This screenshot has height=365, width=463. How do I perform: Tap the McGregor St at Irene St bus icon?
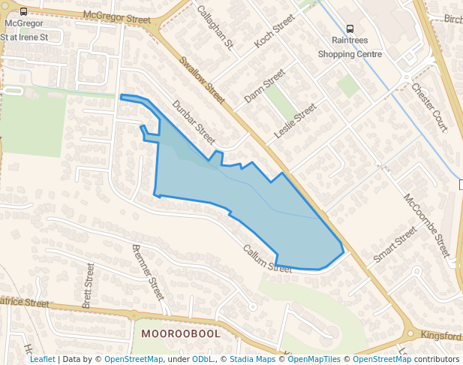(24, 12)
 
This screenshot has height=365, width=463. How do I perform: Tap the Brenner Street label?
(148, 272)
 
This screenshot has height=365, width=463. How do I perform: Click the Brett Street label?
(88, 285)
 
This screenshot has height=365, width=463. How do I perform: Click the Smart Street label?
(394, 244)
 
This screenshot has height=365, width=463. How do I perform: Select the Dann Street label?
(264, 86)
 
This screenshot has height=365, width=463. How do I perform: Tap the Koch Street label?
(274, 34)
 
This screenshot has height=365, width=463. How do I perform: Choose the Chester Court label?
(429, 107)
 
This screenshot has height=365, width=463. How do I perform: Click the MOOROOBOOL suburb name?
(180, 333)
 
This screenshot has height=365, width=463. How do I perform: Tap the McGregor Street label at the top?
(113, 15)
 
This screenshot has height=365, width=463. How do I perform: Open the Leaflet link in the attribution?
(42, 360)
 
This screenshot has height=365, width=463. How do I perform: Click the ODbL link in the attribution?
(202, 360)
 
